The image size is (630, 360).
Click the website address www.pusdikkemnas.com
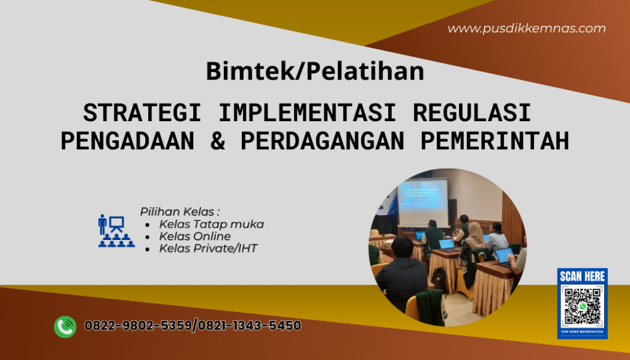pos(526,28)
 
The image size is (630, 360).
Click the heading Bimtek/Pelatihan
pos(314,71)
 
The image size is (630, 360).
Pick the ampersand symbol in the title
pos(218,141)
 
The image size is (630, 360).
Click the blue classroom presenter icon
pos(116,231)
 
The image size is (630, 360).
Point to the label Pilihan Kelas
pos(180,211)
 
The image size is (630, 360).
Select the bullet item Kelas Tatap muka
pos(211,224)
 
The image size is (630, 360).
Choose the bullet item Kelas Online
pos(194,236)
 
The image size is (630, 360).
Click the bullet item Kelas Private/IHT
pos(208,249)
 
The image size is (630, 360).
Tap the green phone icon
pos(65,326)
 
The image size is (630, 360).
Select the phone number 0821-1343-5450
pos(249,326)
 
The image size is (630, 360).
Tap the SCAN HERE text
pos(582,277)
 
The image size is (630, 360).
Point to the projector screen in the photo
pos(423,202)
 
